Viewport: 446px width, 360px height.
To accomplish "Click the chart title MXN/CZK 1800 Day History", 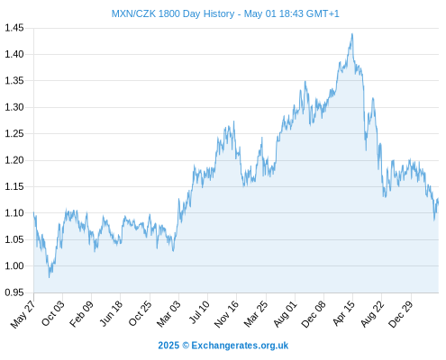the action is pos(173,13).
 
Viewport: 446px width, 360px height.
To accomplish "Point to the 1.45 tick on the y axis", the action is pos(14,28).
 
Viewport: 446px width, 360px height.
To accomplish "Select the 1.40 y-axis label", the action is pos(14,54).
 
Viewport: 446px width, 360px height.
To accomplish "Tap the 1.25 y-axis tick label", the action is pos(14,133).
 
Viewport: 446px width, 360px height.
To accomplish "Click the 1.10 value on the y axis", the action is pos(14,213).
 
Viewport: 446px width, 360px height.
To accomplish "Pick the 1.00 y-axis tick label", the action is pos(14,265).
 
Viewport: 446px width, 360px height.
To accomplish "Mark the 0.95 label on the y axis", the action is pos(14,292).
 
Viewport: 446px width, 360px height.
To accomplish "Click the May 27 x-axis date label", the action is pos(23,314).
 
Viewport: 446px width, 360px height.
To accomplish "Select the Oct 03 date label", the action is pos(53,313).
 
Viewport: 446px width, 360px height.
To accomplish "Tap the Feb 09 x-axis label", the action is pos(82,314).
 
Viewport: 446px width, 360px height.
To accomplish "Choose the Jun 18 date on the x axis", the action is pos(111,313).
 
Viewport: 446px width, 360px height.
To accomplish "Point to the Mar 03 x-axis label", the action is pos(168,314).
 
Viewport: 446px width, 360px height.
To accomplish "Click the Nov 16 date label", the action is pos(226,314).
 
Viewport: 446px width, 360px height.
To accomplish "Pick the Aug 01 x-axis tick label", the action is pos(285,314).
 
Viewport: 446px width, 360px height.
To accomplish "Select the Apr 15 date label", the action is pos(343,313).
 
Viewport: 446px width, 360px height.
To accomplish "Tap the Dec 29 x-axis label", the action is pos(401,314).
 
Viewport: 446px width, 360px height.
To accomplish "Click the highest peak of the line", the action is pos(352,34).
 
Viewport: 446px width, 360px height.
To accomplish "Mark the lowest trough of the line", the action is pos(50,277).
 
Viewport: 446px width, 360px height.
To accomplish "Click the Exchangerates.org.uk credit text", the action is pos(240,346).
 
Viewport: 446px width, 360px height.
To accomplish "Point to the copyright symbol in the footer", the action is pos(186,346).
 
